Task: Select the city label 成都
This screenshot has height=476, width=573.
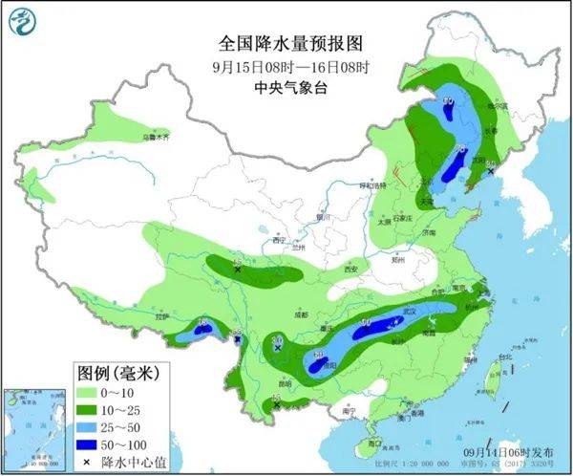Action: point(302,314)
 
